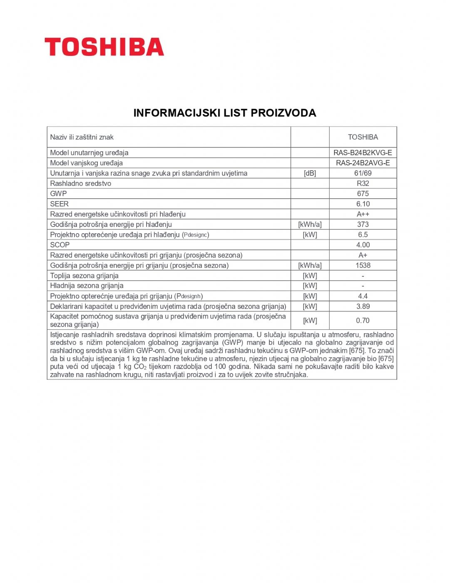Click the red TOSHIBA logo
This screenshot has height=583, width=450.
click(x=104, y=47)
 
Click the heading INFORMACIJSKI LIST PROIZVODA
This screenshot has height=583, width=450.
click(x=225, y=113)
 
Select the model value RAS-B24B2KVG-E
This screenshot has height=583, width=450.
click(x=363, y=153)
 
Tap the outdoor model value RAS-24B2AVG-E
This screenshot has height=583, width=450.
click(x=363, y=163)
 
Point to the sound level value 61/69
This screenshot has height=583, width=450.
click(x=363, y=173)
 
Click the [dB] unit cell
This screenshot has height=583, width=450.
click(x=310, y=173)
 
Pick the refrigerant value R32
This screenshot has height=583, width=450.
click(x=363, y=183)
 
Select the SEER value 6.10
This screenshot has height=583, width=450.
click(x=363, y=204)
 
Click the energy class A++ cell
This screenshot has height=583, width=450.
click(x=363, y=214)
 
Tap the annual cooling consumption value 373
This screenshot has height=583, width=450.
click(x=363, y=224)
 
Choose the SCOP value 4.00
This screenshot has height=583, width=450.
click(x=363, y=245)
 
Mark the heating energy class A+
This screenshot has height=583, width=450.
click(x=363, y=255)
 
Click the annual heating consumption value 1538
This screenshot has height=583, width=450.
click(x=363, y=265)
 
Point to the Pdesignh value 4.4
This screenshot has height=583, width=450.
click(x=363, y=296)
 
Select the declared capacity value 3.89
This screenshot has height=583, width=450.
click(x=363, y=306)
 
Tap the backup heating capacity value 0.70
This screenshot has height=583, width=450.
click(x=363, y=320)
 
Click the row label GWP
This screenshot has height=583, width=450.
click(x=58, y=194)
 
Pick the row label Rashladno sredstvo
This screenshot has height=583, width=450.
click(x=80, y=183)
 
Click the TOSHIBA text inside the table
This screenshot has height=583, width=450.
click(x=363, y=137)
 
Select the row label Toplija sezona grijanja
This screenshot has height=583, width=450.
click(x=84, y=276)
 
